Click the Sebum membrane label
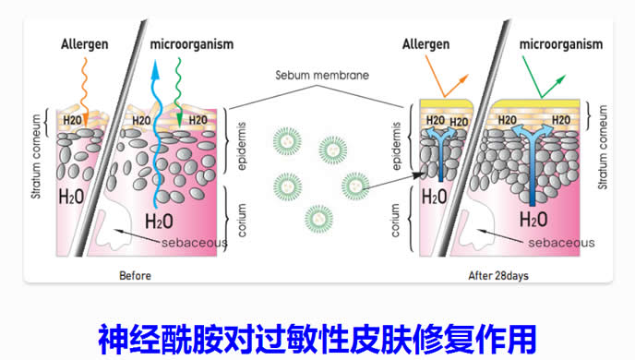pyautogui.click(x=322, y=75)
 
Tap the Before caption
pyautogui.click(x=135, y=276)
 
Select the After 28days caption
pyautogui.click(x=498, y=276)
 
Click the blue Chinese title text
pyautogui.click(x=317, y=340)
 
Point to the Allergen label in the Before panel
pyautogui.click(x=85, y=44)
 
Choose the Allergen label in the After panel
pyautogui.click(x=425, y=44)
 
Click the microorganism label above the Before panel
pyautogui.click(x=192, y=44)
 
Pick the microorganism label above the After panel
pyautogui.click(x=561, y=44)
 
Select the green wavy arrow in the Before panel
pyautogui.click(x=178, y=92)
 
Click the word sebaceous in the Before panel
pyautogui.click(x=195, y=243)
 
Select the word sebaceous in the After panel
pyautogui.click(x=561, y=243)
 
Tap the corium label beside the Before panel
pyautogui.click(x=242, y=221)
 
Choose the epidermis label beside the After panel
pyautogui.click(x=397, y=146)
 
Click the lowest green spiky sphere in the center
pyautogui.click(x=318, y=219)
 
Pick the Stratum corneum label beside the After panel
pyautogui.click(x=603, y=148)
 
